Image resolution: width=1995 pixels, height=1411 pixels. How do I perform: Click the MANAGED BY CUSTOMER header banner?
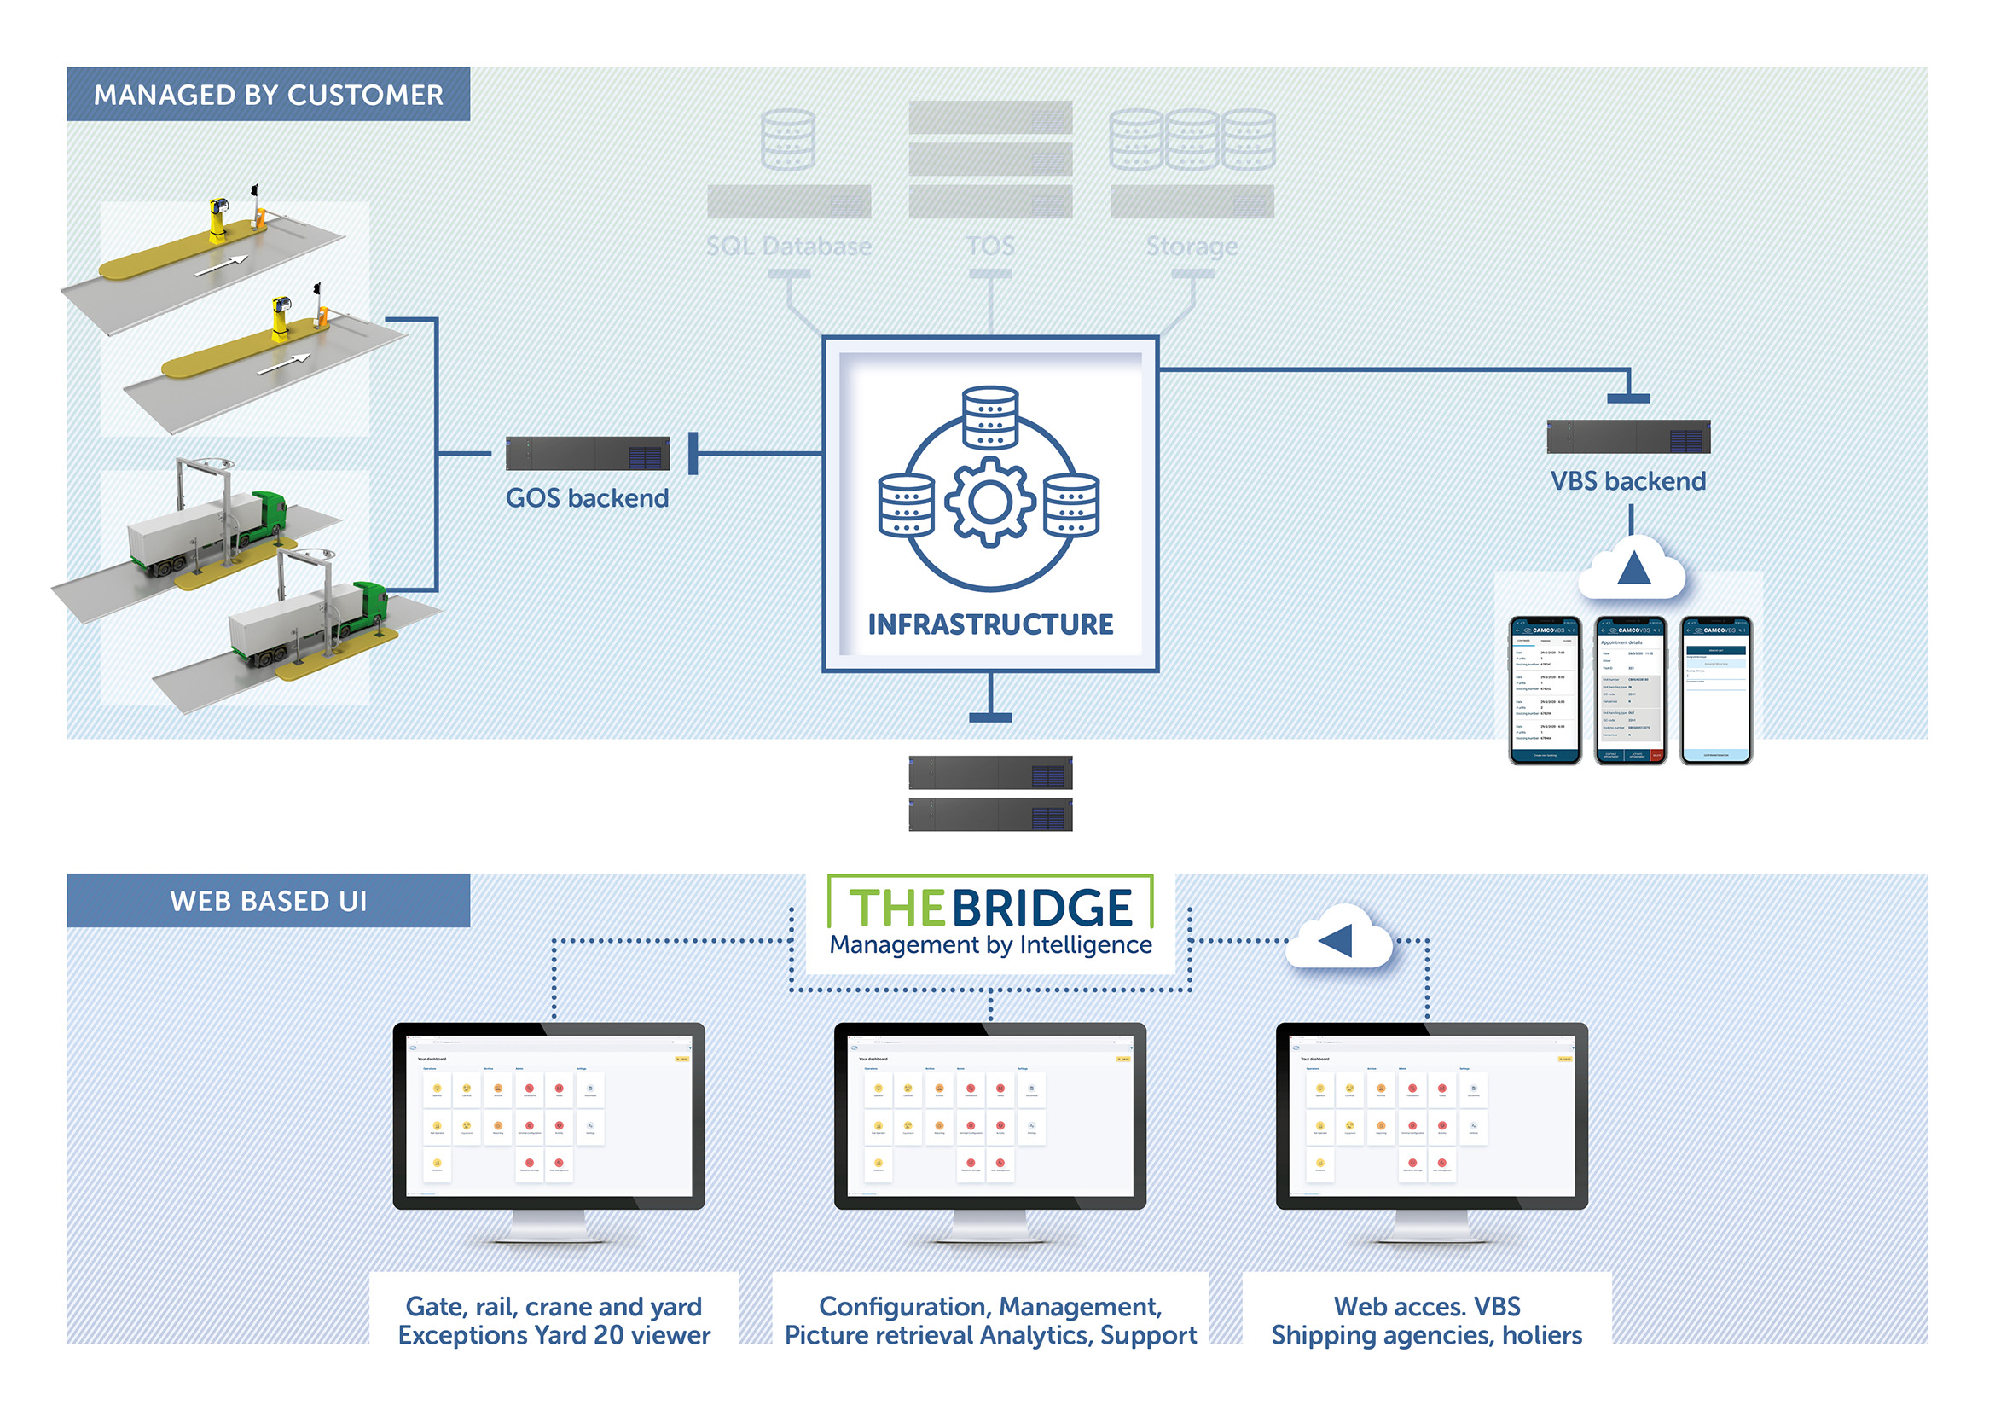click(268, 94)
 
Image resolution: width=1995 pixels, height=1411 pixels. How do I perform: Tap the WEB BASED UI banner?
click(268, 900)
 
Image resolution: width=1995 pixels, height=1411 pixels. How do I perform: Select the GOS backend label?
click(587, 498)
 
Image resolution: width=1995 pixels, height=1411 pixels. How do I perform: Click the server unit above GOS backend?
click(587, 454)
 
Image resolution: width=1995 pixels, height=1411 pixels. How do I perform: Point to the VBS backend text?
click(1627, 480)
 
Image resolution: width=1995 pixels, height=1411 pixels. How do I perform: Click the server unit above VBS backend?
click(1627, 436)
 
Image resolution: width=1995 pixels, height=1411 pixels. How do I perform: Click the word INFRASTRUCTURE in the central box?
click(989, 624)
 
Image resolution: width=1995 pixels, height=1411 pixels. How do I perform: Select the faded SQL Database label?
click(788, 246)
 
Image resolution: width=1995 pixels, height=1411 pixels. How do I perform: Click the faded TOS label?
click(989, 246)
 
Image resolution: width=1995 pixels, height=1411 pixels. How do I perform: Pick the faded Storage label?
click(1192, 246)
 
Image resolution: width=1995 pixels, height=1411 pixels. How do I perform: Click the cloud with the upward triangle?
click(1632, 569)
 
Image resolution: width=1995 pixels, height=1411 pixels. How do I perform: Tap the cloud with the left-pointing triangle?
click(1338, 940)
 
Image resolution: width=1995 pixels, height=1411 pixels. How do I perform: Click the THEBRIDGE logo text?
click(989, 907)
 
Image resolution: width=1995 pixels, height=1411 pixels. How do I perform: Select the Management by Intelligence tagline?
click(989, 944)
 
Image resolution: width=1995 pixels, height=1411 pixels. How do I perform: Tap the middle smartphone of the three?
click(1630, 691)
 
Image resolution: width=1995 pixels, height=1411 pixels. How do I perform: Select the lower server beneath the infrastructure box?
click(989, 815)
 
